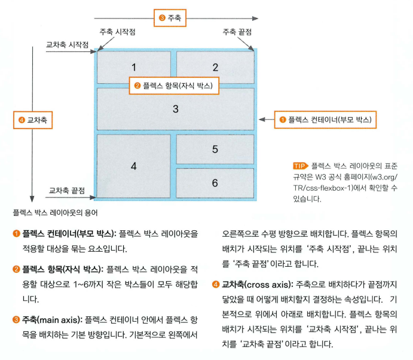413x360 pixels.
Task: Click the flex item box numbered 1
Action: [134, 67]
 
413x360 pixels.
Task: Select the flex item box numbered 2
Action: [215, 67]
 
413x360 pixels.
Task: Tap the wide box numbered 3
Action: [175, 109]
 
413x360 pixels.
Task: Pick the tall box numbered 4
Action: [133, 166]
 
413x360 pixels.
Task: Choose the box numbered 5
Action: [215, 149]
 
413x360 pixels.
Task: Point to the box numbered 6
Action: [215, 183]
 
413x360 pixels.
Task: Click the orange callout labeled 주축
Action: [170, 18]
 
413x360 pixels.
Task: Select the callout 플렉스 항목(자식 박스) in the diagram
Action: [174, 86]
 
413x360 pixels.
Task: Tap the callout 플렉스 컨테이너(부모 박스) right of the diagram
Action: [325, 120]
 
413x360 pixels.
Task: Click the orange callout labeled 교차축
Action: [33, 120]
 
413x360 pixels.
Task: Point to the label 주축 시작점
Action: [118, 32]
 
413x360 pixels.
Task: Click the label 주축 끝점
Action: [237, 32]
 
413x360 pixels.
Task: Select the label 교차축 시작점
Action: [68, 44]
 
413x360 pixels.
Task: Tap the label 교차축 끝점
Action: [67, 190]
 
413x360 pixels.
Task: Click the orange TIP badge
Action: [300, 166]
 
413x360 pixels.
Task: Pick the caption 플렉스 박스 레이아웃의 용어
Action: [56, 213]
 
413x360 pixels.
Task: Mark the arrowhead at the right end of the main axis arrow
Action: [255, 19]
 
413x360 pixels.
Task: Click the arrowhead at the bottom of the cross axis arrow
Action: [32, 199]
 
